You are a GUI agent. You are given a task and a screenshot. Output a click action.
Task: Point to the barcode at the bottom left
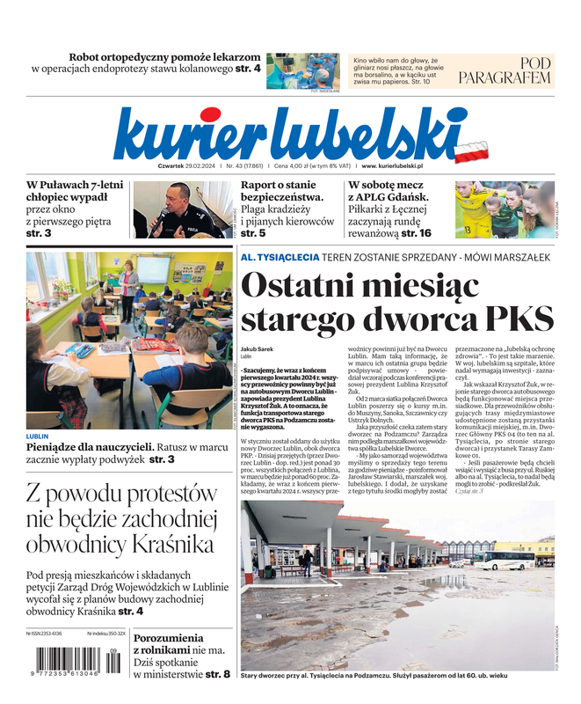click(x=75, y=660)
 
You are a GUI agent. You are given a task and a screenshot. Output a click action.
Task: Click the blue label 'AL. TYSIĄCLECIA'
click(x=279, y=257)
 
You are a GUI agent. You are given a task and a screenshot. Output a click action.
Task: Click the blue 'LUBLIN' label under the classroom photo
click(x=38, y=436)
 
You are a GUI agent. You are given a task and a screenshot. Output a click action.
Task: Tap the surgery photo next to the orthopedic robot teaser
click(x=303, y=70)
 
